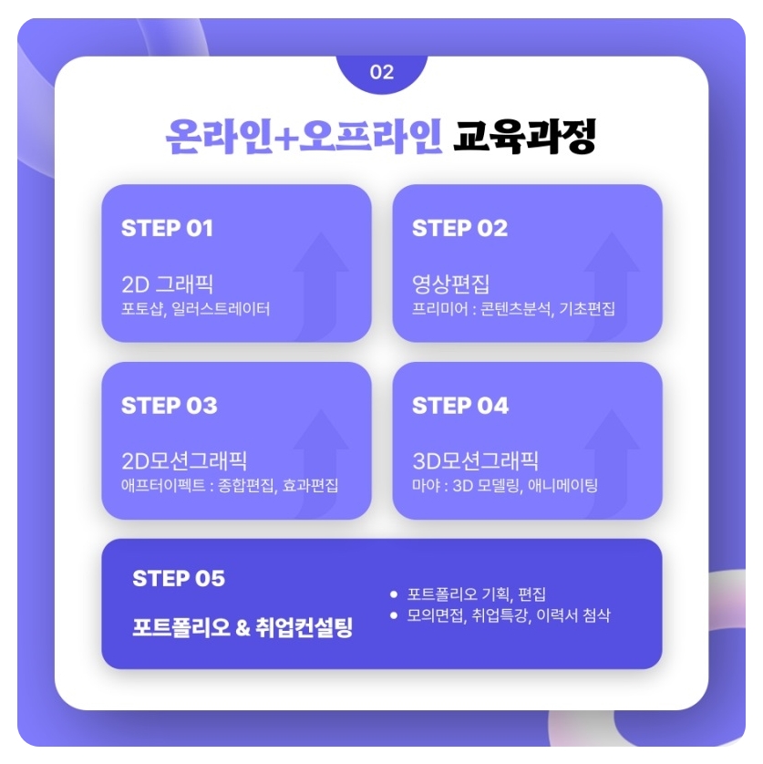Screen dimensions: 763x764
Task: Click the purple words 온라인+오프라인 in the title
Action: [304, 138]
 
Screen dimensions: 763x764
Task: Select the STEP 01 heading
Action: [167, 228]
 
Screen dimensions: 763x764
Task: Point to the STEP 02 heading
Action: [459, 228]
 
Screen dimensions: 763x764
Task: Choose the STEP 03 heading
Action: [169, 406]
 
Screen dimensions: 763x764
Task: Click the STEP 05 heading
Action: [179, 579]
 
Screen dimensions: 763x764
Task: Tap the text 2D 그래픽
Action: [167, 283]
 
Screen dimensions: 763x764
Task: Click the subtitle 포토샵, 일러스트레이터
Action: [196, 308]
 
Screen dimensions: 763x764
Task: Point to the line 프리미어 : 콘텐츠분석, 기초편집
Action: [514, 308]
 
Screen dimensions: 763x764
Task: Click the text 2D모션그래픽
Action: [184, 460]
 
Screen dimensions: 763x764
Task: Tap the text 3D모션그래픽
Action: [475, 460]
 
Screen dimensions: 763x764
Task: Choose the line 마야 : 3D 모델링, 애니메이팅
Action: [505, 486]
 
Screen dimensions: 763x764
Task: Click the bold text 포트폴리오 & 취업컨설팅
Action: [242, 628]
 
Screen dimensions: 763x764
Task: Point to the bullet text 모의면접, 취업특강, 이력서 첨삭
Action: [509, 615]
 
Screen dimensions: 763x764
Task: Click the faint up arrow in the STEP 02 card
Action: [612, 283]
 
